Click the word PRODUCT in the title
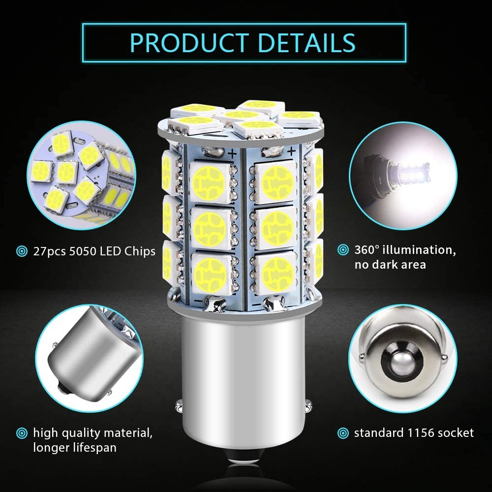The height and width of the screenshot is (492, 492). (189, 43)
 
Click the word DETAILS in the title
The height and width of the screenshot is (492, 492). (307, 43)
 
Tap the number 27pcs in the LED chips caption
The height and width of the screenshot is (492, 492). (50, 251)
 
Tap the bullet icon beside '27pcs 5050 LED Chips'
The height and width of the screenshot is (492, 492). (22, 251)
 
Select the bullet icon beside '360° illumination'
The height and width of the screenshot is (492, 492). (343, 250)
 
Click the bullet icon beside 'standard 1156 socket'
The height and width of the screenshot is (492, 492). (343, 433)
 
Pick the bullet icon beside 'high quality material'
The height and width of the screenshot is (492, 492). (22, 433)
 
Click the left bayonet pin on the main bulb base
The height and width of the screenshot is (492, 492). (179, 406)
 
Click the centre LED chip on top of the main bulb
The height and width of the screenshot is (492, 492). (242, 116)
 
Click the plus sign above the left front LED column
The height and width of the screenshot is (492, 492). (233, 154)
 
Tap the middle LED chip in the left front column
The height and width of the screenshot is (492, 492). (210, 228)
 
